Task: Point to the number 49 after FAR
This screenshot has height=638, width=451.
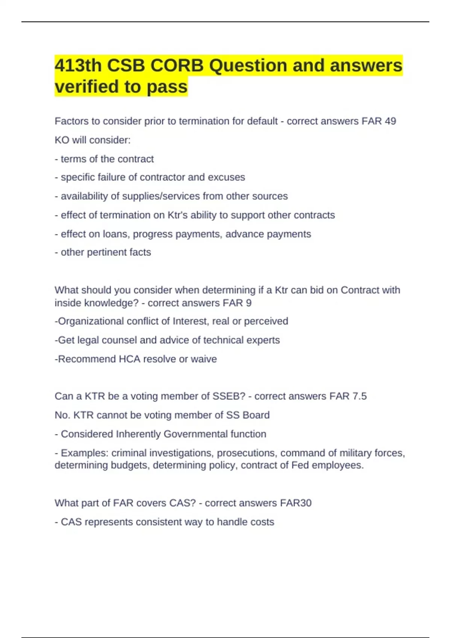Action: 390,121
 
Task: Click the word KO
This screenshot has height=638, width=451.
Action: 62,140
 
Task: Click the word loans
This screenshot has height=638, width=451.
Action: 115,234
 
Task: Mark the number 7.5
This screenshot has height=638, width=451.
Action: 360,396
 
